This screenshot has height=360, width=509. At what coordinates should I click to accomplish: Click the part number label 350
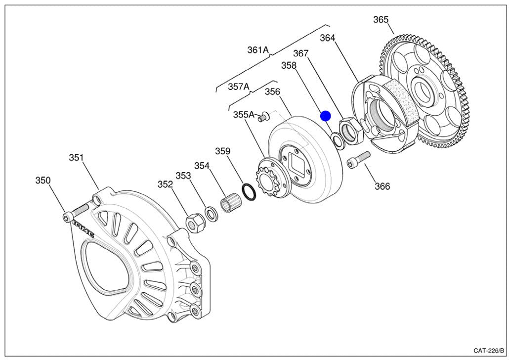tap(43, 180)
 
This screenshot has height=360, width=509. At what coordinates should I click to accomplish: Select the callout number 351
tap(76, 158)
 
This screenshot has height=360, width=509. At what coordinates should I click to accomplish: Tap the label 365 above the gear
tap(381, 20)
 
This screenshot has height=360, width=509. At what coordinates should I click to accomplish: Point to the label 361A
tap(258, 50)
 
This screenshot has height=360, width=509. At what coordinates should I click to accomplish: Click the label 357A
tap(239, 87)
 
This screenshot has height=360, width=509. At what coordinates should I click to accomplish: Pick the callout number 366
tap(382, 186)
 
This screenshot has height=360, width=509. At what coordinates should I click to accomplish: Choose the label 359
tap(223, 151)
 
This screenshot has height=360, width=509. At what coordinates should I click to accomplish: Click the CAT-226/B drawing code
tap(489, 351)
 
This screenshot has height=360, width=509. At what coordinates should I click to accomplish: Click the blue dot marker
tap(325, 116)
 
